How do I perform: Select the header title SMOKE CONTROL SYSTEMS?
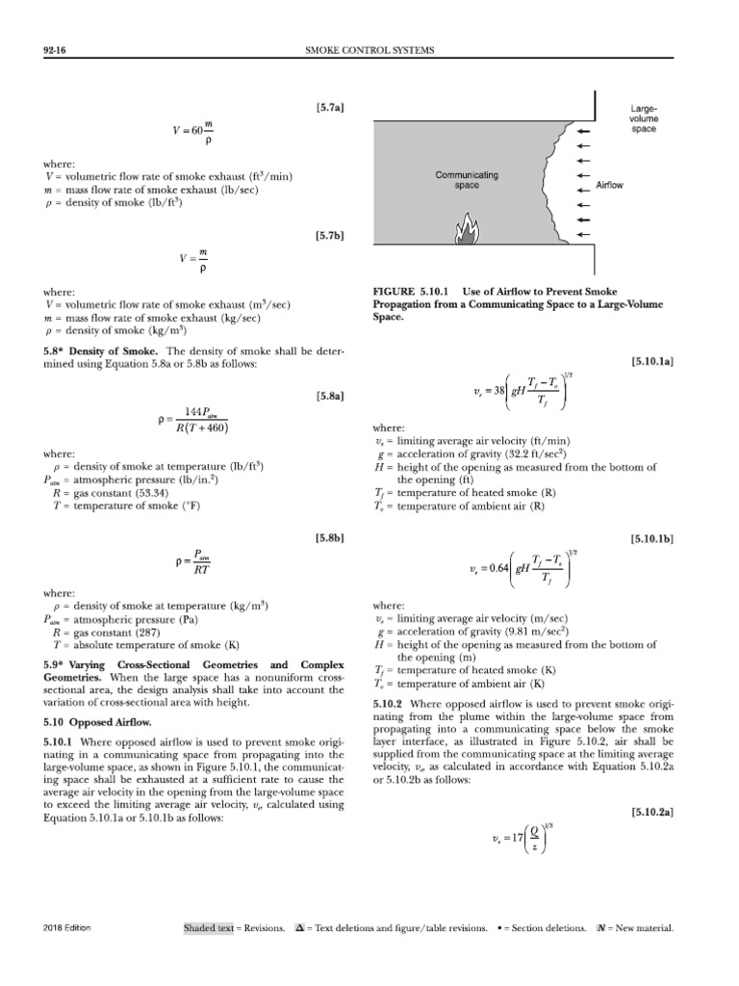[x=369, y=49]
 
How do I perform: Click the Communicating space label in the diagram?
[x=467, y=180]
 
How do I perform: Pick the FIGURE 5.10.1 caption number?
[x=412, y=290]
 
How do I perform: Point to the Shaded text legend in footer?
[x=210, y=927]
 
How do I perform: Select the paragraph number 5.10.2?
[x=387, y=704]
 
